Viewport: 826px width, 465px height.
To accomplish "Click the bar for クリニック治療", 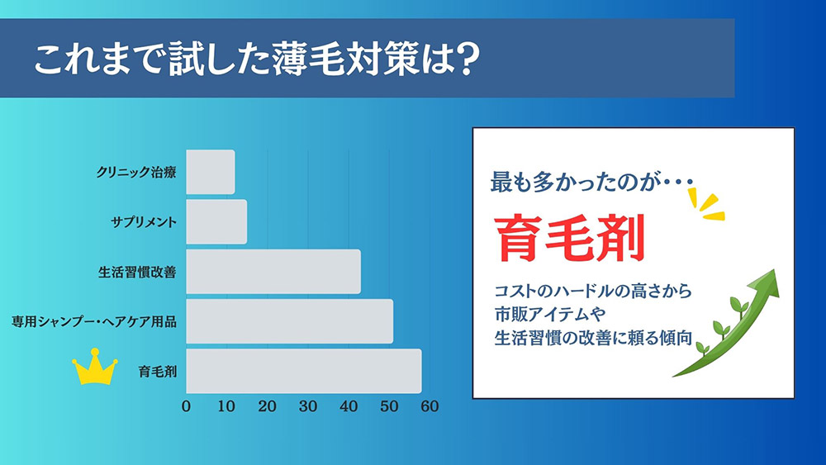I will (211, 172).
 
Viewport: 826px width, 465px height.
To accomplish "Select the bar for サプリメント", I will (216, 221).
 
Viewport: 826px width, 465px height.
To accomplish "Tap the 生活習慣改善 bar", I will (273, 271).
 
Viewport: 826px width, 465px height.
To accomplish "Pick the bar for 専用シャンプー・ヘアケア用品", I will (289, 320).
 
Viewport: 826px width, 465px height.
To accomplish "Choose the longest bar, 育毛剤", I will (303, 371).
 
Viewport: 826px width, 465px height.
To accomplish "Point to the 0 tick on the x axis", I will (186, 406).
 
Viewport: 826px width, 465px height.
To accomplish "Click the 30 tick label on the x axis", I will (308, 406).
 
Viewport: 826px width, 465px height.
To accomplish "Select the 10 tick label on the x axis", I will (226, 406).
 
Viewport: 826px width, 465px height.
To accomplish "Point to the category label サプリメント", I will (144, 222).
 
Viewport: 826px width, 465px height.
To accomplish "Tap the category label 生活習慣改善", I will (137, 272).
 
